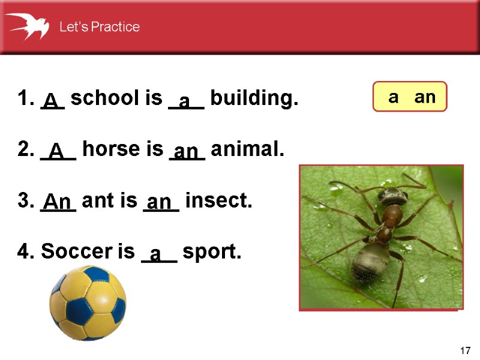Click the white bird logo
(x=27, y=26)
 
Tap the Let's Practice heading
(x=100, y=27)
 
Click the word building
(x=254, y=98)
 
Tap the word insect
(x=219, y=200)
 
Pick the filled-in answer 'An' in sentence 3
(x=58, y=202)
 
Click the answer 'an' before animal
(x=186, y=151)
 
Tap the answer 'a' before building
(x=185, y=101)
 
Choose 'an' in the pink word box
(x=425, y=97)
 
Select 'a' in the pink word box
(x=394, y=97)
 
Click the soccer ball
(x=88, y=302)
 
